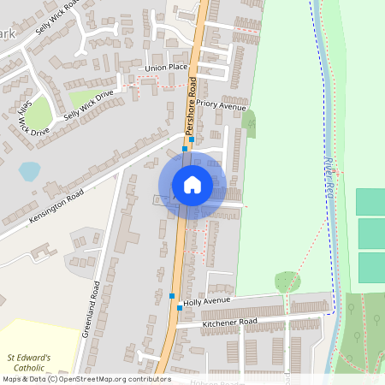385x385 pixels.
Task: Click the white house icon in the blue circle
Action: [192, 185]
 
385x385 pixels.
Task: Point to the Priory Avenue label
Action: [221, 104]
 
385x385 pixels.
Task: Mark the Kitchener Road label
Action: [229, 323]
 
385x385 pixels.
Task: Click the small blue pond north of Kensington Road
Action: [29, 171]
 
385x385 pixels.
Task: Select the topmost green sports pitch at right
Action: [370, 202]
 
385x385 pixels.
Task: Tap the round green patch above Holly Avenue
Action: [287, 281]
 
